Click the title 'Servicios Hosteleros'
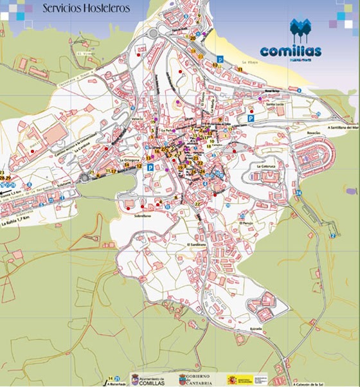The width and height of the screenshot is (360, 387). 85,8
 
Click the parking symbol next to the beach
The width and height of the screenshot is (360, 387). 219,59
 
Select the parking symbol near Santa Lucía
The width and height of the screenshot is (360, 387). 251,118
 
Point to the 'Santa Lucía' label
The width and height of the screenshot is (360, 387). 275,104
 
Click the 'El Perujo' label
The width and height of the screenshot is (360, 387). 247,222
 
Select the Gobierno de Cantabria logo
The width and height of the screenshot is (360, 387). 190,379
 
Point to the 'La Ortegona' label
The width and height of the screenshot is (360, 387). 130,159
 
